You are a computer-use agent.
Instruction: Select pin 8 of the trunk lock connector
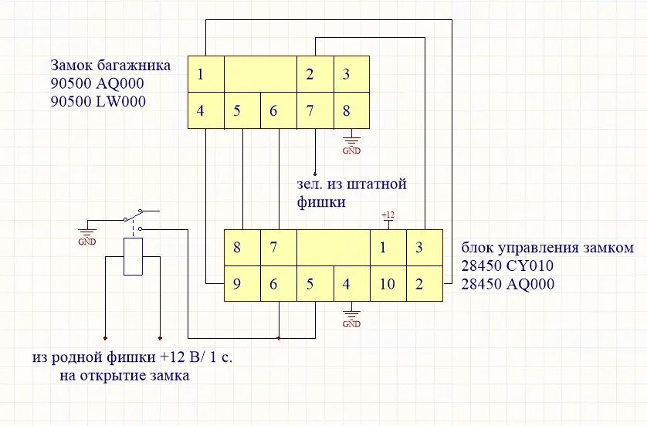coord(347,110)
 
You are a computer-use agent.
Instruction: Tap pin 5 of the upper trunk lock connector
coord(238,110)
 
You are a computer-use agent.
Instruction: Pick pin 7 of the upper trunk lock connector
coord(310,110)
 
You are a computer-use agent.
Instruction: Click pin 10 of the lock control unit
coord(387,284)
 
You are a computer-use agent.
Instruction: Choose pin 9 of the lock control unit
coord(237,284)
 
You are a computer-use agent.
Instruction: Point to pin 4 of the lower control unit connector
coord(346,284)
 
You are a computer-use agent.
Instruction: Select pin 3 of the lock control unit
coord(419,248)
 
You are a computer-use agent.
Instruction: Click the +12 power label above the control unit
coord(388,215)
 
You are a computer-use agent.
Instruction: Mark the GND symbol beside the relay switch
coord(86,235)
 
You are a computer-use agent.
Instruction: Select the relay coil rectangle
coord(134,257)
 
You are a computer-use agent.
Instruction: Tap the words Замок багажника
coord(110,65)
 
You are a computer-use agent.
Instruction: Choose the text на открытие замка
coord(124,376)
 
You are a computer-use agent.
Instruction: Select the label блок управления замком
coord(547,248)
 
